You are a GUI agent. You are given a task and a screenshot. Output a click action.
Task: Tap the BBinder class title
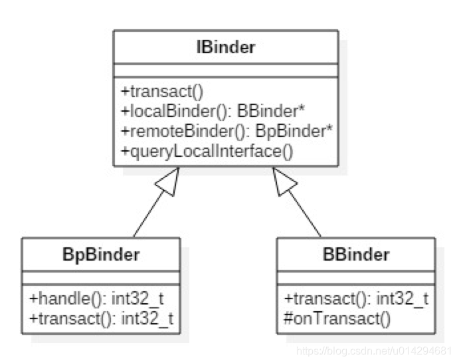[x=355, y=254]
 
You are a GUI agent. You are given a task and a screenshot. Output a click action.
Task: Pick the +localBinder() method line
[x=213, y=108]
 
